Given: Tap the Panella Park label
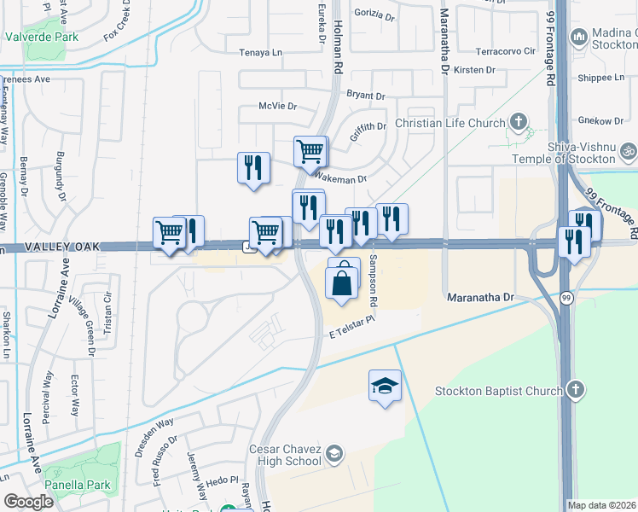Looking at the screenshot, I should tap(78, 485).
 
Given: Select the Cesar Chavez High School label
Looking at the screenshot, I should tap(285, 455).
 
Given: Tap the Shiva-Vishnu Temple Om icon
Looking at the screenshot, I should tap(629, 152).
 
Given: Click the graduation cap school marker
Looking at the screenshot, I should tap(385, 386).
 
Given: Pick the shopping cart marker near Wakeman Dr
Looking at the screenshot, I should tap(310, 152).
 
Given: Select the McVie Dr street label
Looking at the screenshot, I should tap(277, 107).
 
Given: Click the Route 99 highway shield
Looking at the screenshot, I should tap(566, 298).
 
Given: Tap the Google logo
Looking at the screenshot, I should tap(28, 502).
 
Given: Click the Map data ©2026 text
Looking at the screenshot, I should tap(601, 505).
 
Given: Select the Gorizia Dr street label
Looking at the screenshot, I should tap(374, 16).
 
